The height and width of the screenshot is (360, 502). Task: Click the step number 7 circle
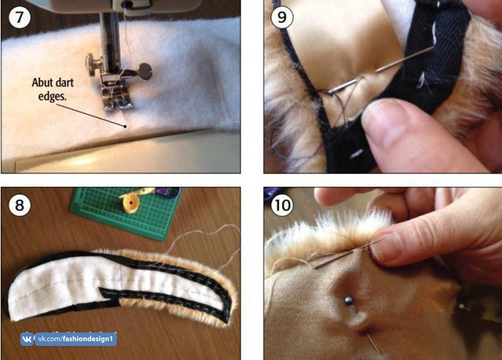pyautogui.click(x=20, y=17)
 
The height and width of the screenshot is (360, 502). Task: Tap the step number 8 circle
pyautogui.click(x=20, y=205)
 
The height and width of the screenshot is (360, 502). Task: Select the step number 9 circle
pyautogui.click(x=282, y=17)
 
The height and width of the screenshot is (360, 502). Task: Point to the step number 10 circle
pyautogui.click(x=282, y=205)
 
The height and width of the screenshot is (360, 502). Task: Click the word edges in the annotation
pyautogui.click(x=53, y=96)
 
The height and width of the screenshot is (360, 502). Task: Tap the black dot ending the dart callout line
pyautogui.click(x=125, y=126)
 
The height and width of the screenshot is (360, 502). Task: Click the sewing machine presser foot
pyautogui.click(x=117, y=96)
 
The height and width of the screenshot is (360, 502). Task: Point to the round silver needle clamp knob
pyautogui.click(x=144, y=71)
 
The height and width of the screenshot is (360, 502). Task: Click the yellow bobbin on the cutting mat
pyautogui.click(x=131, y=203)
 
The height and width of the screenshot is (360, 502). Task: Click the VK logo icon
pyautogui.click(x=27, y=339)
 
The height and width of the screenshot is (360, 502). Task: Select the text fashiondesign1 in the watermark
pyautogui.click(x=88, y=339)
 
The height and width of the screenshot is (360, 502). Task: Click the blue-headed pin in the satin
pyautogui.click(x=348, y=301)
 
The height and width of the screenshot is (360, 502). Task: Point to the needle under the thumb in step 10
pyautogui.click(x=350, y=253)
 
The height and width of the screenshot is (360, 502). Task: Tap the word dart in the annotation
pyautogui.click(x=65, y=82)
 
